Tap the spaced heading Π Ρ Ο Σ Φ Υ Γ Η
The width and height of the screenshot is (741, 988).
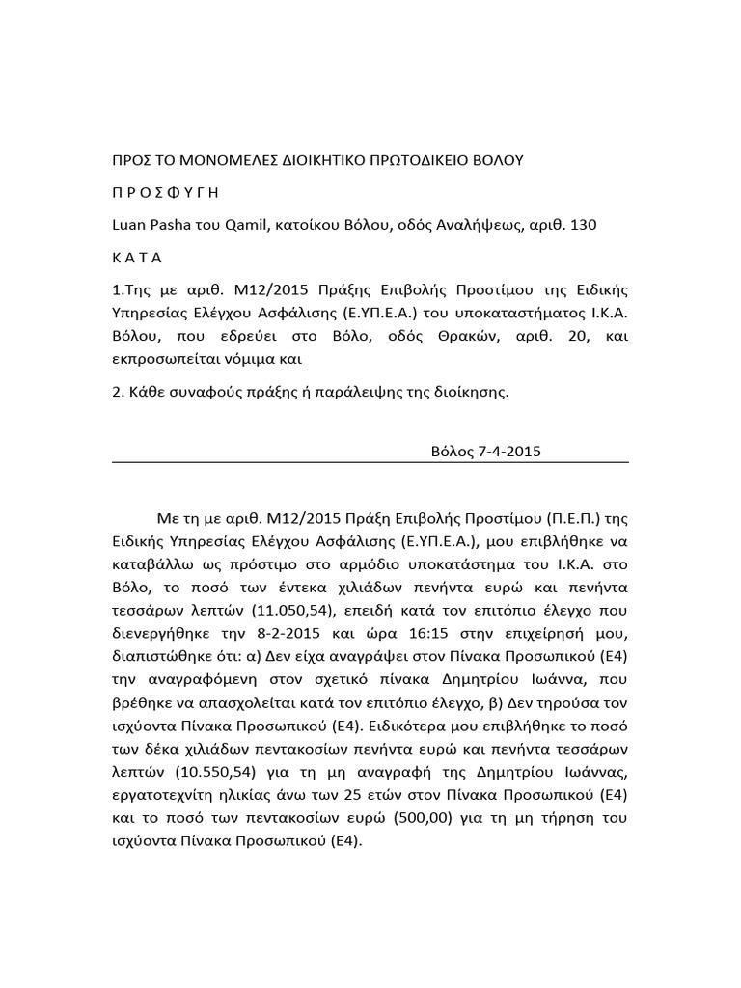166,192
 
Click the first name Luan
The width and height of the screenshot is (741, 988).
130,225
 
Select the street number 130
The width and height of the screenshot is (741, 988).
584,225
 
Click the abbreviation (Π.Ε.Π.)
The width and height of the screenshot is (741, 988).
578,516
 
